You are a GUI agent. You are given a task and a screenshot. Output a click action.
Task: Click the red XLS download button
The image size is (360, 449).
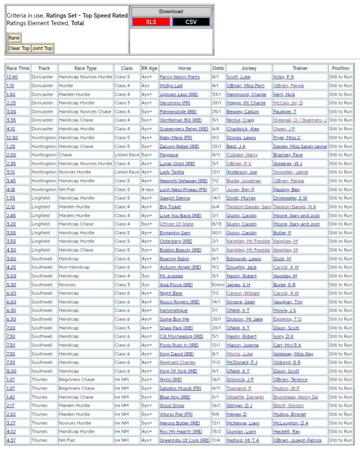click(151, 22)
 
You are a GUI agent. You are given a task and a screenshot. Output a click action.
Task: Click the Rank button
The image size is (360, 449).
click(14, 38)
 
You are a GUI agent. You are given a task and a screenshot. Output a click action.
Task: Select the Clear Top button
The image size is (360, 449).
click(19, 48)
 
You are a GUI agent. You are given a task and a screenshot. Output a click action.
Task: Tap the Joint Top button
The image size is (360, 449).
click(42, 48)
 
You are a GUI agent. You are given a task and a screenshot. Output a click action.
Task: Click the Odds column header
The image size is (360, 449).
click(218, 68)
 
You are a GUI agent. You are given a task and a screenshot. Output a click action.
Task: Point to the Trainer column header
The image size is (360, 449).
click(300, 68)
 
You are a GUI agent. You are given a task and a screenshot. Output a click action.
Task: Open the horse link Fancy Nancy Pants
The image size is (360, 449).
click(179, 77)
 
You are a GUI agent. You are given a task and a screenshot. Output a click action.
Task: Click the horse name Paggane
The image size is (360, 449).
click(169, 155)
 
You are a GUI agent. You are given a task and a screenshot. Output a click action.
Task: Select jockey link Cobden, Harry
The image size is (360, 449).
click(242, 155)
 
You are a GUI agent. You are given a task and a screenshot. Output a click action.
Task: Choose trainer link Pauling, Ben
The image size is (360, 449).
click(287, 190)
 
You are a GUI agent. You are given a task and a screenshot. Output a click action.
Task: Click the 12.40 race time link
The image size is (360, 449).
click(12, 77)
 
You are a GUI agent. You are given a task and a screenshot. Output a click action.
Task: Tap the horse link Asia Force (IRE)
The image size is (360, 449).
click(176, 284)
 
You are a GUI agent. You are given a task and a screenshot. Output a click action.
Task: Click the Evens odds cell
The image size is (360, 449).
click(218, 284)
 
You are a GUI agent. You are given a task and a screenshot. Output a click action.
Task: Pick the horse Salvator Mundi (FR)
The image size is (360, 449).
click(180, 388)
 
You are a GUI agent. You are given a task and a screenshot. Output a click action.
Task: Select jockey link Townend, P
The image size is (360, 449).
click(239, 388)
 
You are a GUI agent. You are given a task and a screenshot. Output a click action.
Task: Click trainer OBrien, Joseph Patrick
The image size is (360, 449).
click(297, 440)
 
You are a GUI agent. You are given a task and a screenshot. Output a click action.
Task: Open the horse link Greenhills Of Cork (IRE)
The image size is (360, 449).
click(184, 440)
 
